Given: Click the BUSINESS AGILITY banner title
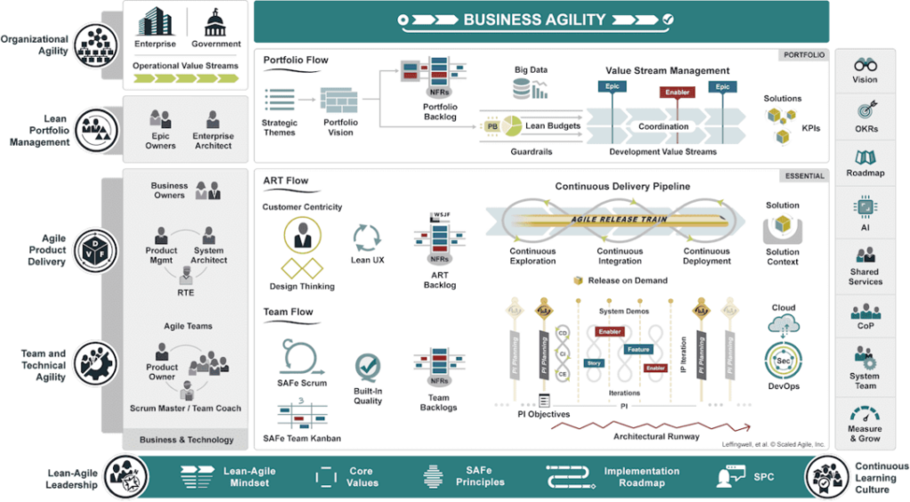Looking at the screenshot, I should (x=534, y=20).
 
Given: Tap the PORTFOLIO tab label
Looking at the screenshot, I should (x=803, y=55).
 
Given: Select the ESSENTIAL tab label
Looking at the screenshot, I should (x=803, y=176).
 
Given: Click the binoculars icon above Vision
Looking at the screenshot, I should (x=865, y=65).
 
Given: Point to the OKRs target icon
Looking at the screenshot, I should (x=865, y=111).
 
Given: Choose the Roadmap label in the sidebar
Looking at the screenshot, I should (x=865, y=173).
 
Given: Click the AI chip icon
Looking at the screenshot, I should (x=865, y=207).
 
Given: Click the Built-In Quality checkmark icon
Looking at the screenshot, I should (x=368, y=367).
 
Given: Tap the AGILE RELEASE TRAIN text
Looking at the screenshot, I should (x=619, y=219).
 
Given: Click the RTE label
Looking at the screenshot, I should (x=185, y=291).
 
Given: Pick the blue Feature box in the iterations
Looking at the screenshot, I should (x=638, y=350).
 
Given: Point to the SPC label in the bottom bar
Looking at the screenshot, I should (x=763, y=476).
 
